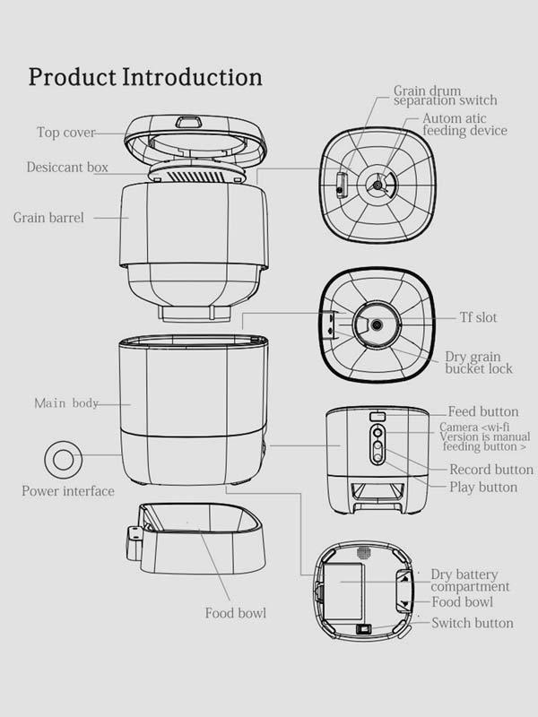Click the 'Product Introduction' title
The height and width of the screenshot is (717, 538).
[145, 76]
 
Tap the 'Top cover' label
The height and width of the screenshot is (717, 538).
[66, 133]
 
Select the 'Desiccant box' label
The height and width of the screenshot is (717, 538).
[67, 168]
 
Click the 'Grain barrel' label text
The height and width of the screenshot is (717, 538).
[48, 217]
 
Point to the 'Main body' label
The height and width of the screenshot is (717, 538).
[66, 403]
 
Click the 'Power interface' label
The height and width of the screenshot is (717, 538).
[68, 490]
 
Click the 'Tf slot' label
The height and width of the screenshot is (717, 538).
[478, 317]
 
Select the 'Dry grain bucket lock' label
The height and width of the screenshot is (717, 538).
[479, 362]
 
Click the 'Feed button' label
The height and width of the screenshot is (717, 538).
[483, 411]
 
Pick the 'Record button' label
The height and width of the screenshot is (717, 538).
[491, 470]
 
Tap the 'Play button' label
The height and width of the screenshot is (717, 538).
[483, 488]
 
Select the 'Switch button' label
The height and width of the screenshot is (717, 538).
[473, 623]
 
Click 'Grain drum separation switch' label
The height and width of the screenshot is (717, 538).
[445, 96]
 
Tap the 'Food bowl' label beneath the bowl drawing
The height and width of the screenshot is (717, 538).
[235, 613]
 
